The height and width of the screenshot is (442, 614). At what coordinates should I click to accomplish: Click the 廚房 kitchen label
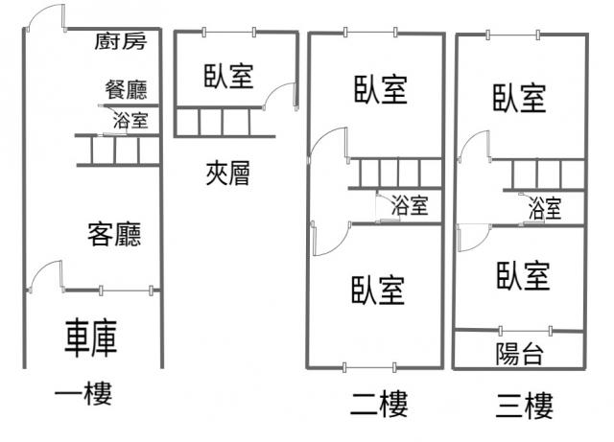pyautogui.click(x=121, y=41)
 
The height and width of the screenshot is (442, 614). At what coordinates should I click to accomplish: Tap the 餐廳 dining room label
pyautogui.click(x=126, y=90)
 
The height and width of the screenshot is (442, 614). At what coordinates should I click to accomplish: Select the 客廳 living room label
pyautogui.click(x=114, y=234)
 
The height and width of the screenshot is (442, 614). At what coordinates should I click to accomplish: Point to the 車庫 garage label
pyautogui.click(x=91, y=338)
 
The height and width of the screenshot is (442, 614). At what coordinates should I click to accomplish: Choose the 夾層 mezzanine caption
pyautogui.click(x=228, y=173)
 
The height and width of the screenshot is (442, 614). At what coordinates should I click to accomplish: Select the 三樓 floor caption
pyautogui.click(x=525, y=406)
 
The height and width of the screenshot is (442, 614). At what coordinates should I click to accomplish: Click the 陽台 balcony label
pyautogui.click(x=520, y=355)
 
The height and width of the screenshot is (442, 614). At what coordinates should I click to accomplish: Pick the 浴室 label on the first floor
pyautogui.click(x=130, y=120)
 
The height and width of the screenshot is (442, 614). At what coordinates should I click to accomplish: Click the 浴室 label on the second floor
pyautogui.click(x=410, y=205)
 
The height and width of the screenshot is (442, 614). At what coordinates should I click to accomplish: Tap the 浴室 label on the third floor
pyautogui.click(x=545, y=208)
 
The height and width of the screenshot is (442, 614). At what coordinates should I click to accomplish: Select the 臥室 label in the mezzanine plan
pyautogui.click(x=228, y=76)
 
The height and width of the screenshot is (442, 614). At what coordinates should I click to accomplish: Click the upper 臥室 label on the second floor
pyautogui.click(x=381, y=90)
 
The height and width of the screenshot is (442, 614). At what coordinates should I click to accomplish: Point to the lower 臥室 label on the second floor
pyautogui.click(x=378, y=291)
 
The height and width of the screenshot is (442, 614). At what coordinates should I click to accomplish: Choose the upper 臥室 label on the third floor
pyautogui.click(x=519, y=98)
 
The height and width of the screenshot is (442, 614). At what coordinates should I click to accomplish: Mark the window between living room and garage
pyautogui.click(x=126, y=291)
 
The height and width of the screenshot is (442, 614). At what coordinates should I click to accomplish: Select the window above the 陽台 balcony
pyautogui.click(x=526, y=331)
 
